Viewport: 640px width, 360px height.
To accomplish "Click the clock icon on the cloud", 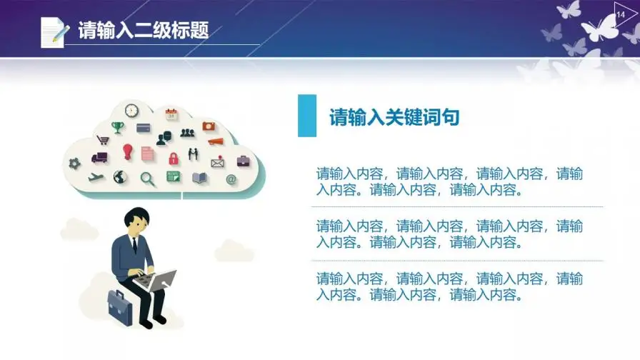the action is [131, 110].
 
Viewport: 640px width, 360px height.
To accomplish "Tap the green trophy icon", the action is [118, 127].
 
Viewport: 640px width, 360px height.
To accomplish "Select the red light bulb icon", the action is [128, 152].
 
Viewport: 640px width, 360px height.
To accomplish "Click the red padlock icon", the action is [174, 158].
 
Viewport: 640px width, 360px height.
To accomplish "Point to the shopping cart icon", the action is [103, 140].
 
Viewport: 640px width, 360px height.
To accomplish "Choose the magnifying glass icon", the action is [147, 179].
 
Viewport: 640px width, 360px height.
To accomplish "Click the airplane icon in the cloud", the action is [96, 177].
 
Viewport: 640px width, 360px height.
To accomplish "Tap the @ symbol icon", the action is [231, 179].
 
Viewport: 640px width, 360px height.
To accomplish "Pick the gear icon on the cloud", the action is [74, 164].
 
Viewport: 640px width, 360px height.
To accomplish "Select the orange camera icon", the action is [209, 126].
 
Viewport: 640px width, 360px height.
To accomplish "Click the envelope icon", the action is [218, 162].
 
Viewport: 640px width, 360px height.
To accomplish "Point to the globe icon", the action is [120, 177].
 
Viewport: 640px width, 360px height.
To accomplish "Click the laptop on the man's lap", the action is [156, 280].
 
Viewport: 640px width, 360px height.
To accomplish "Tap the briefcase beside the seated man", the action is [121, 308].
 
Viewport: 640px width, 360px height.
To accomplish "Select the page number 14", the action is [621, 15].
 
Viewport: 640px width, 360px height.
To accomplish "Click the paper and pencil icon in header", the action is [54, 32].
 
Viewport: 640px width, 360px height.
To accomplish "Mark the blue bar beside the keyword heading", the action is [307, 116].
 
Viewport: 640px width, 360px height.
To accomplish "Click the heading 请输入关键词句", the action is [394, 117].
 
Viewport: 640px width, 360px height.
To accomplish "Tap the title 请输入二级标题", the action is [144, 30].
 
